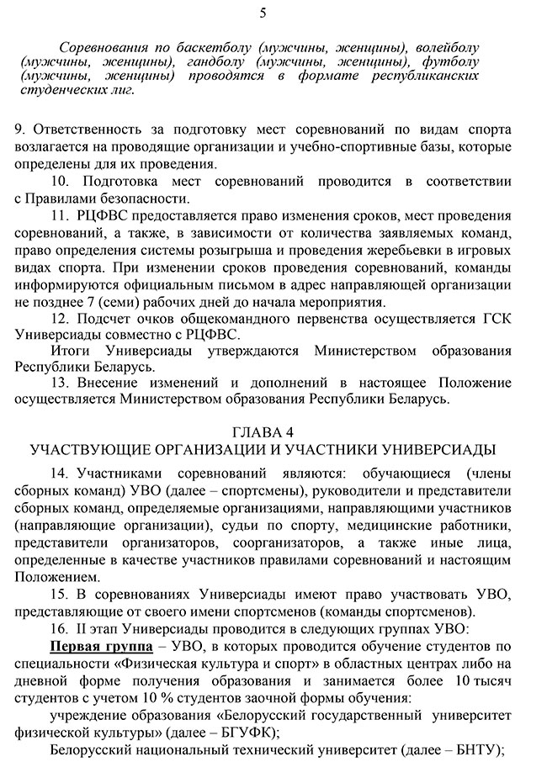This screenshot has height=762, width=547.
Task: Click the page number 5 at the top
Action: pyautogui.click(x=263, y=13)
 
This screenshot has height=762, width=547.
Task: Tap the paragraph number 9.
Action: pyautogui.click(x=19, y=128)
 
